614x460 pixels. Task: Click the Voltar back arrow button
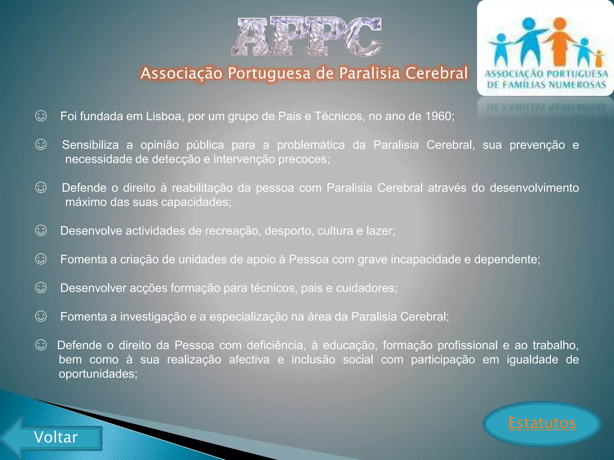coord(55,438)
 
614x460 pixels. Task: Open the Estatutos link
coord(542,423)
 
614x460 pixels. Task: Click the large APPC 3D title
coord(306,37)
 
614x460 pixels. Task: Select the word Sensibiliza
coord(90,145)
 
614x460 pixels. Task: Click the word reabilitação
coord(202,188)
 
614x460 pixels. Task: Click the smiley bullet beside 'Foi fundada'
coord(41,116)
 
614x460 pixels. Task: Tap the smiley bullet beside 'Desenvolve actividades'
coord(41,231)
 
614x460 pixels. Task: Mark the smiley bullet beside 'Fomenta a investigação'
coord(41,316)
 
